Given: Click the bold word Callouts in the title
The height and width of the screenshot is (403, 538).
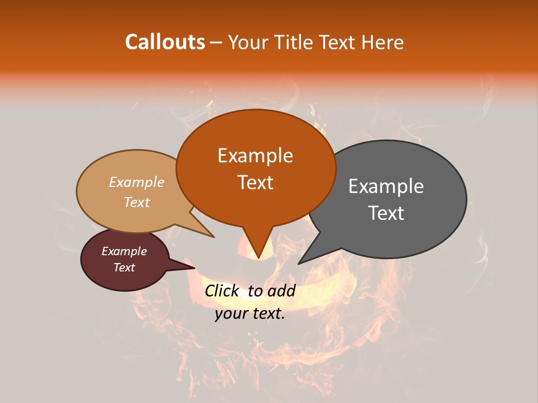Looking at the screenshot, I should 165,42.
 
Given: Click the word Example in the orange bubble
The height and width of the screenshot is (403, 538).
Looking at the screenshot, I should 256,156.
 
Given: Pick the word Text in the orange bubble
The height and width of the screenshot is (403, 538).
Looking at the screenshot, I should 256,182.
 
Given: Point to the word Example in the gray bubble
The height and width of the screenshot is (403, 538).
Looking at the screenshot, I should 386,186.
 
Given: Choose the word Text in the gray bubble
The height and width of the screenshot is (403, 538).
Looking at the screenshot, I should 386,213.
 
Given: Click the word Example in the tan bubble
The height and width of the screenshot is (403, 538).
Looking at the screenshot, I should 137,182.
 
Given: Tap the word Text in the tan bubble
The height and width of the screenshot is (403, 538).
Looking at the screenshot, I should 137,202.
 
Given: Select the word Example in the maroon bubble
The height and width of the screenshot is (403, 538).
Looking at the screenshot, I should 124,251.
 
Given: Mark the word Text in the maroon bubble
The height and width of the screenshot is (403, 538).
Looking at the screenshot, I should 124,268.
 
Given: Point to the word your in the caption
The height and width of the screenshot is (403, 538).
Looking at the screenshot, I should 231,313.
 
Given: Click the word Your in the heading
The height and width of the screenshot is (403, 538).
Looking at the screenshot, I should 248,42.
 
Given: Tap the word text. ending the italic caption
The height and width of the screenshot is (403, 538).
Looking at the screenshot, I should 268,313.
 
